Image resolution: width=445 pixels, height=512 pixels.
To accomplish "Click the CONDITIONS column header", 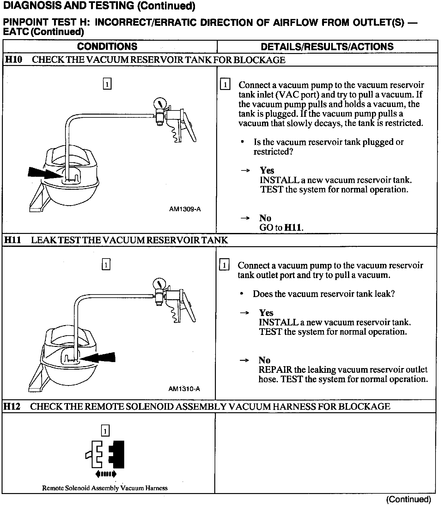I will pyautogui.click(x=107, y=47).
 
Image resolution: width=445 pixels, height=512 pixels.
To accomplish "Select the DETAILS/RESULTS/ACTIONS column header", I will pyautogui.click(x=327, y=47).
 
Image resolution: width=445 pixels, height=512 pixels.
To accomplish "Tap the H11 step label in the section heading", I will pyautogui.click(x=13, y=240).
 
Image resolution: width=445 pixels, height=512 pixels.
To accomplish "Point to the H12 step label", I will pyautogui.click(x=12, y=406).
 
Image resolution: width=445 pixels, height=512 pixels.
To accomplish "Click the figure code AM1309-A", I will pyautogui.click(x=185, y=209).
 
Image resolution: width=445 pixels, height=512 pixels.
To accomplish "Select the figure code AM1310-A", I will pyautogui.click(x=184, y=389).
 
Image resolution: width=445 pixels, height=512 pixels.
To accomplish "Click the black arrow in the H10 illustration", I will pyautogui.click(x=43, y=173).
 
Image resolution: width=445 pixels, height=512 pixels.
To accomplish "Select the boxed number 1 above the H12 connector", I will pyautogui.click(x=105, y=431).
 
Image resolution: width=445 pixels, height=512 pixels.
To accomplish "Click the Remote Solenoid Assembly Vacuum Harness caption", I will pyautogui.click(x=105, y=488).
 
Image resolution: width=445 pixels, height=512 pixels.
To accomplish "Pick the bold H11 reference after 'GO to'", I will pyautogui.click(x=293, y=228).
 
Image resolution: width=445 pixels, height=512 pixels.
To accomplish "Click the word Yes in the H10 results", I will pyautogui.click(x=267, y=170).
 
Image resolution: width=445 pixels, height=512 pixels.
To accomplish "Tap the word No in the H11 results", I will pyautogui.click(x=265, y=360).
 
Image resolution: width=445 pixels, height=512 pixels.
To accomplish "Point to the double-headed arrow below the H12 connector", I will pyautogui.click(x=106, y=474).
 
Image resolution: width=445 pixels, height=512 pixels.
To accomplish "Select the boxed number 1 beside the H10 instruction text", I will pyautogui.click(x=225, y=85).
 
